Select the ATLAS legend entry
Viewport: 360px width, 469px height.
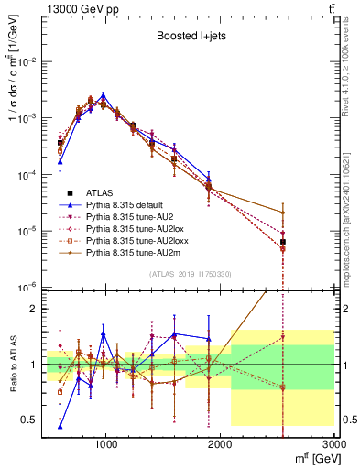point(100,192)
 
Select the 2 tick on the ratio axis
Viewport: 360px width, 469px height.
point(35,309)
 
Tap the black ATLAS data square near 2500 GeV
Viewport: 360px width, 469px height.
point(283,242)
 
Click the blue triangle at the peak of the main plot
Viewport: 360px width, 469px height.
point(104,94)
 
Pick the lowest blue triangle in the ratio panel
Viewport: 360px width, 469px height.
point(60,426)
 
